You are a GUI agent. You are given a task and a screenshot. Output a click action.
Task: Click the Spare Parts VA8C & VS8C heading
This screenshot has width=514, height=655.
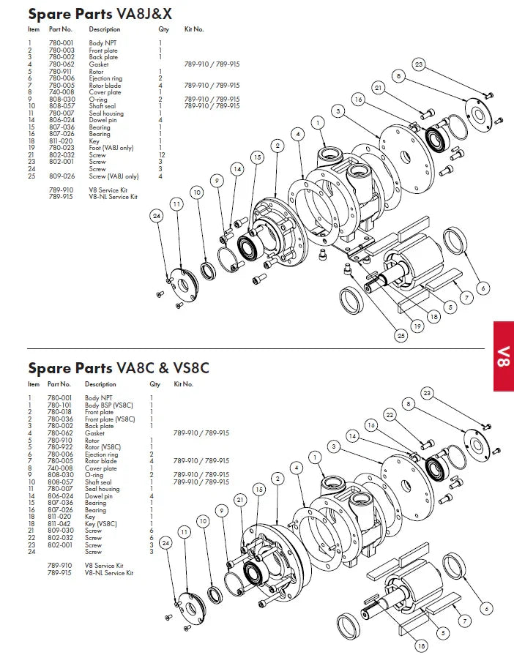(119, 367)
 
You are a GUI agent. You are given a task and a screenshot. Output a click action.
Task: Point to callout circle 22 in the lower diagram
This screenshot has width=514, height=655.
(390, 415)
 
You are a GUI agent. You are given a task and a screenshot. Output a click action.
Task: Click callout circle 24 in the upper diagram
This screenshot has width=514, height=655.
(157, 215)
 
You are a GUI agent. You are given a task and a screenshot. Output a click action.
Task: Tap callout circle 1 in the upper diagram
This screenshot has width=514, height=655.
(318, 121)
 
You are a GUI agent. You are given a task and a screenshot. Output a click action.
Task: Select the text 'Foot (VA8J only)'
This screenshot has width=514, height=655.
(111, 148)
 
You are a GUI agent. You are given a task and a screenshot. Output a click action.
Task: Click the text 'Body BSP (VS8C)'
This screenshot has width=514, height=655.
(110, 405)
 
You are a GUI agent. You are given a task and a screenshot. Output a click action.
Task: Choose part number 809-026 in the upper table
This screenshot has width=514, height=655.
(61, 176)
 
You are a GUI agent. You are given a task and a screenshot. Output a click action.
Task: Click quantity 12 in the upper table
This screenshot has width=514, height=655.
(162, 155)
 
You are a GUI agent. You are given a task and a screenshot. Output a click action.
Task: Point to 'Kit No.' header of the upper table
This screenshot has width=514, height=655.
(193, 30)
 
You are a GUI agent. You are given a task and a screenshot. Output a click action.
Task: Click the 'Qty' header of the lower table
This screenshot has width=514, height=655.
(154, 384)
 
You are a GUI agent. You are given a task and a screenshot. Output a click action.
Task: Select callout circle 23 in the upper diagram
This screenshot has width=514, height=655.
(419, 64)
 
